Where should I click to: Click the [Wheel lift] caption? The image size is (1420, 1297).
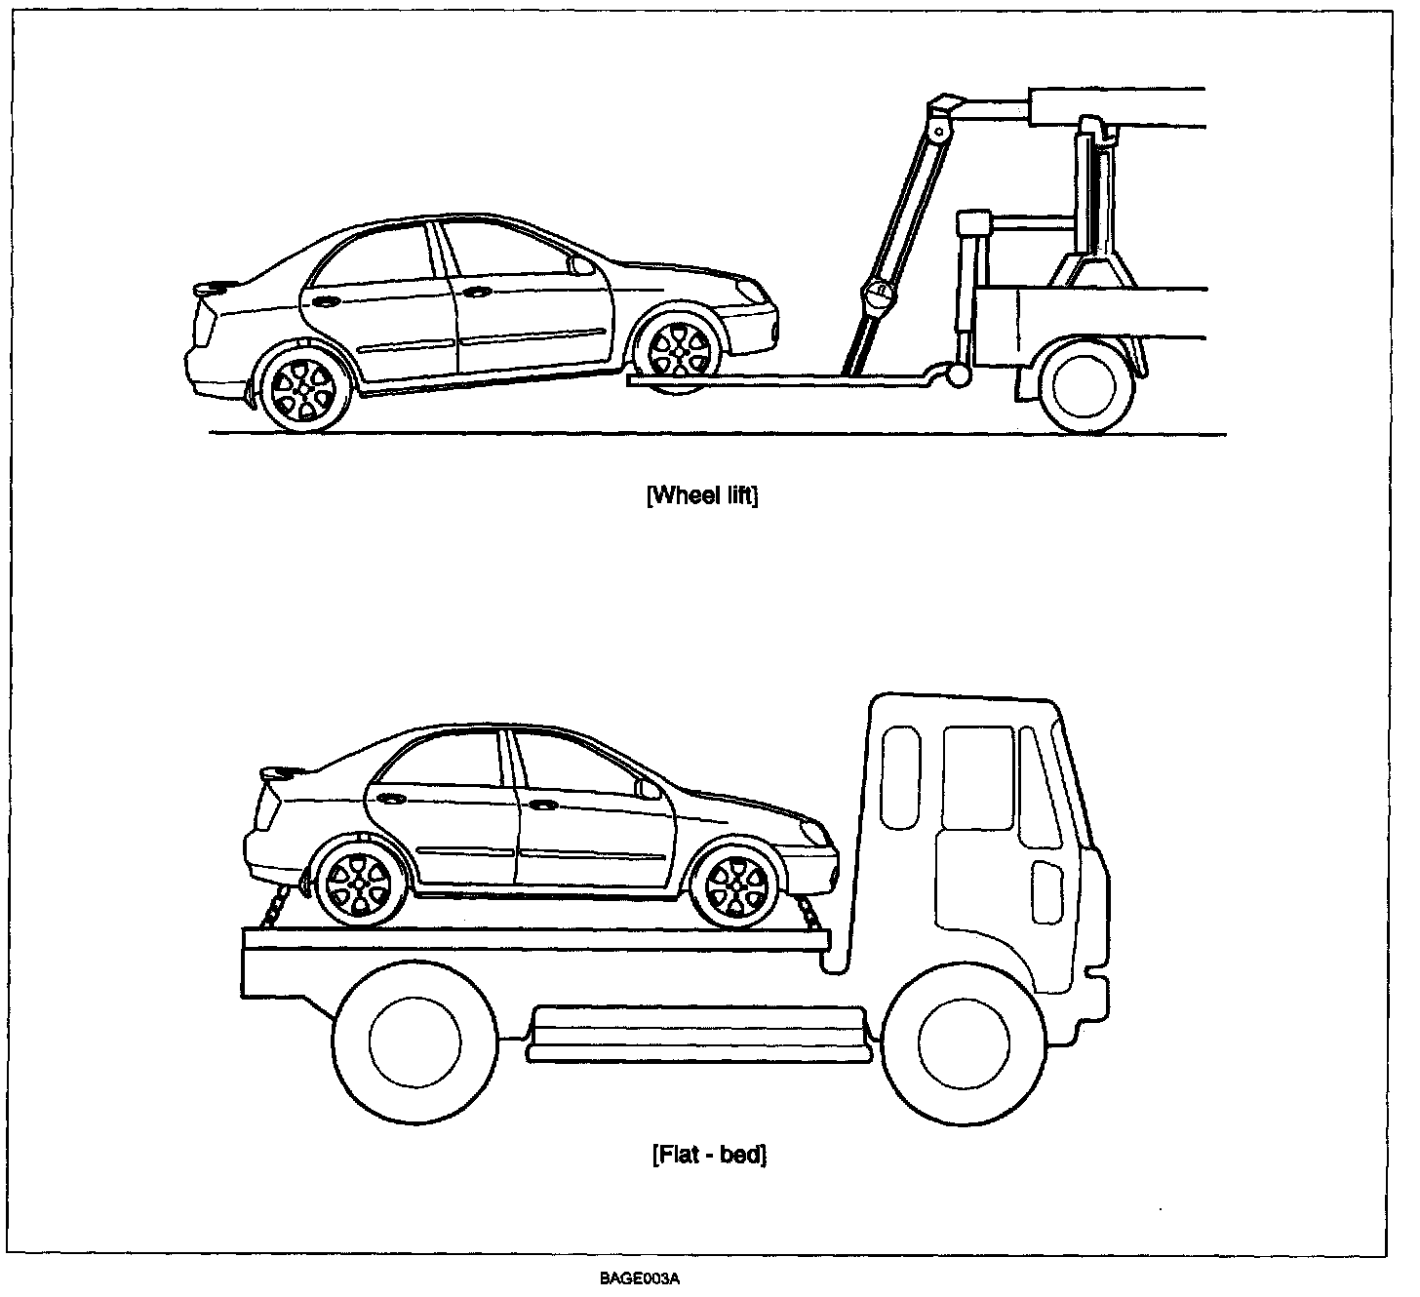point(702,495)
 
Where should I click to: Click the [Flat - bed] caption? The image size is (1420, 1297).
point(709,1156)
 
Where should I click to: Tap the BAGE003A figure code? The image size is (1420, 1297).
point(640,1279)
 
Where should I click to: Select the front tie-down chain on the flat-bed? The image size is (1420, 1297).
point(809,915)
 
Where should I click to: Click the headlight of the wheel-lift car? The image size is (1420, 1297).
point(750,290)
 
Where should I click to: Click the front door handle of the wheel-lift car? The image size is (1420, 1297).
point(477,292)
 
